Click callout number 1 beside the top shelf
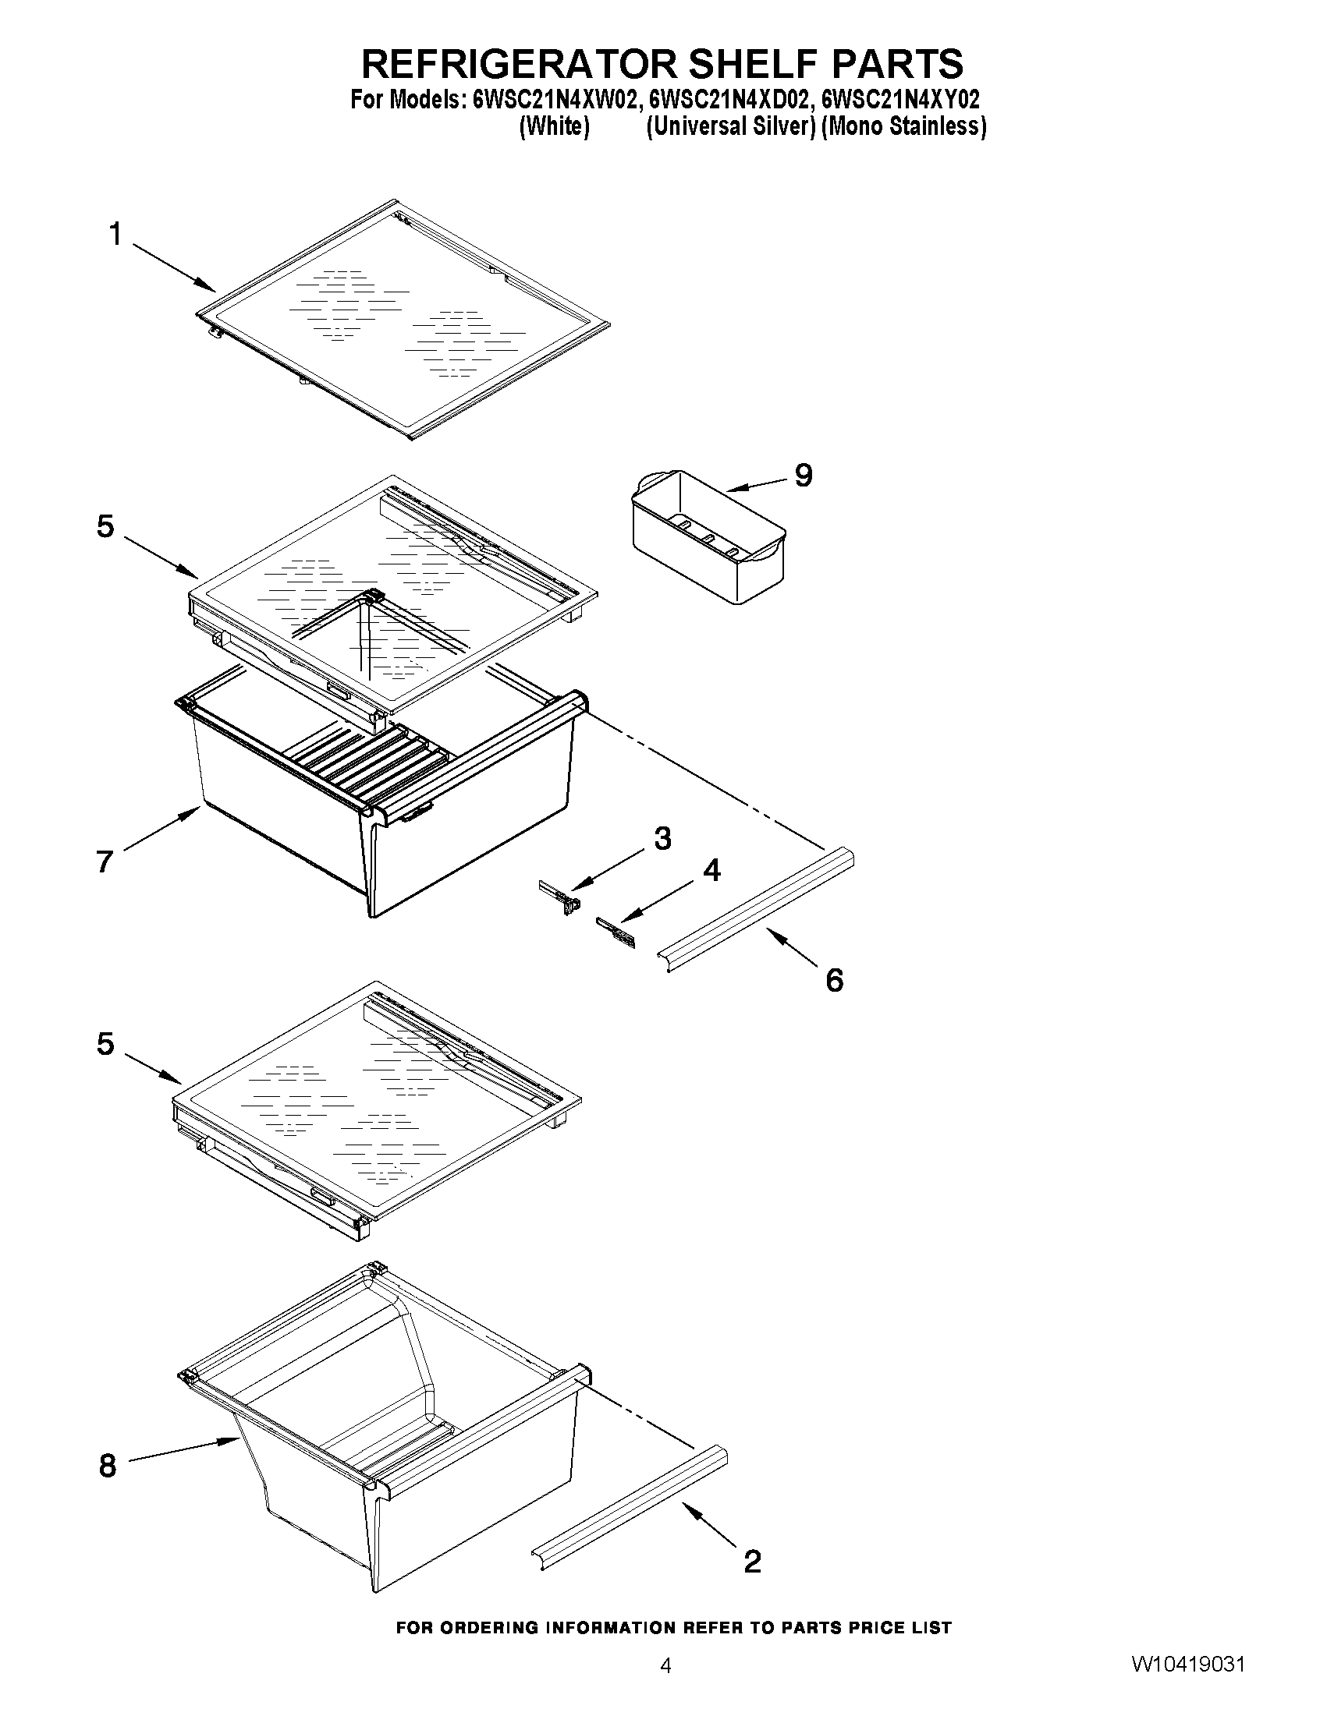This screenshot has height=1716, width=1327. point(115,234)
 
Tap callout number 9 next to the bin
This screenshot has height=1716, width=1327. point(803,475)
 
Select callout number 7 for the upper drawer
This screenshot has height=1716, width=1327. point(105,862)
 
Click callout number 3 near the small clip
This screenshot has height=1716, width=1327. point(662,838)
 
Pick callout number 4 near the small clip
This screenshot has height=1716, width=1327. point(711,870)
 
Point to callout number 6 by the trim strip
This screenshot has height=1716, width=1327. point(834,980)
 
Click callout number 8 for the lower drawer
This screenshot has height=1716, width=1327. point(108,1466)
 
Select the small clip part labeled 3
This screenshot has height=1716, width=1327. point(561,896)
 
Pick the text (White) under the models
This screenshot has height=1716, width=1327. point(554,126)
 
